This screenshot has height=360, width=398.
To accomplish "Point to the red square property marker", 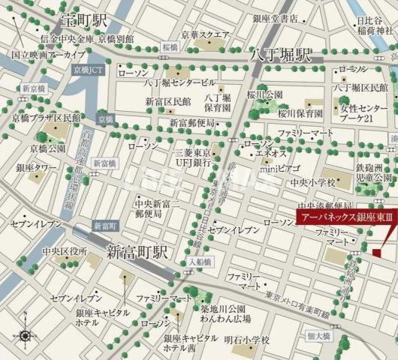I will (x=376, y=256).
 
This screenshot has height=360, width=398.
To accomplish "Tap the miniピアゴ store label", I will (x=279, y=166).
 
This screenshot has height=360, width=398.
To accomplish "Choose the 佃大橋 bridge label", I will (x=318, y=336).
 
